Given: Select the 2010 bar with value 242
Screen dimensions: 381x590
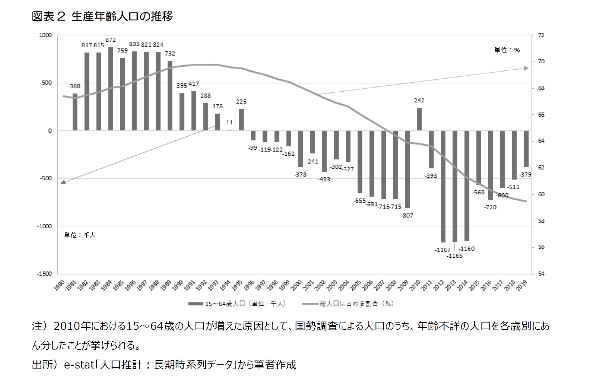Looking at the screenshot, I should click(419, 119).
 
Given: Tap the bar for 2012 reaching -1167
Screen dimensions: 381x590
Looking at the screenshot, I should click(443, 186).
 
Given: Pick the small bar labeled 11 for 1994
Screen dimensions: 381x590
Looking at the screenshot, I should click(229, 130).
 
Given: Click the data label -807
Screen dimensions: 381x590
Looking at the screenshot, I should click(407, 215).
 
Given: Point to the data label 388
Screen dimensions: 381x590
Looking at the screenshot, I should click(75, 86).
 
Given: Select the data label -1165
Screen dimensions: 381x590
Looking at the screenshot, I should click(455, 256).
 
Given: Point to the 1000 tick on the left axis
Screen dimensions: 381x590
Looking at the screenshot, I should click(45, 35).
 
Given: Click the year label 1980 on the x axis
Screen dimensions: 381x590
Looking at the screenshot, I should click(60, 285).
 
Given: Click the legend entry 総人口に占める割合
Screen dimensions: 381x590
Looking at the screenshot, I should click(349, 304).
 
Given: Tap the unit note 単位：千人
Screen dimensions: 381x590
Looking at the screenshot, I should click(80, 235).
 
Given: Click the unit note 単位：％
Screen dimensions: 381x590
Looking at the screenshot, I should click(507, 50).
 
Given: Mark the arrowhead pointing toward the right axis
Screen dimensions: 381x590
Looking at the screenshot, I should click(526, 68).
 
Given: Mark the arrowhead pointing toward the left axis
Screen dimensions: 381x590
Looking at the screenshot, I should click(63, 182).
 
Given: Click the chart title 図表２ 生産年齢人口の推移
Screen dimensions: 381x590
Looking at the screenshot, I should click(102, 16).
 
